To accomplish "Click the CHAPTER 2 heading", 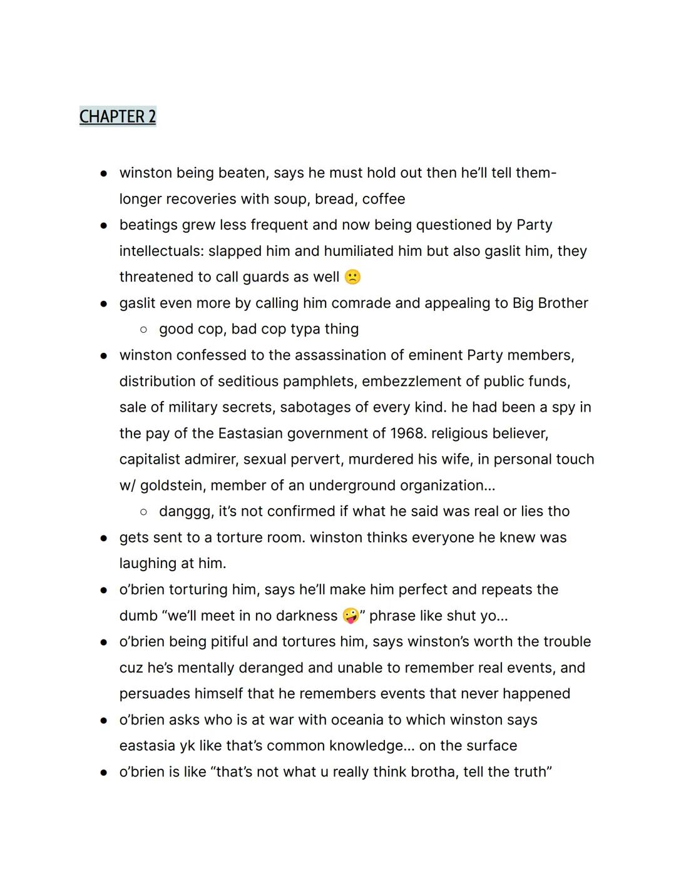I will pos(118,116).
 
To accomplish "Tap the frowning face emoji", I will pos(352,277).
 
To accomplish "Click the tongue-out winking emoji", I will pos(351,616).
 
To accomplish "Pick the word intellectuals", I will pos(161,252).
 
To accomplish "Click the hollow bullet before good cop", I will pos(143,329).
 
